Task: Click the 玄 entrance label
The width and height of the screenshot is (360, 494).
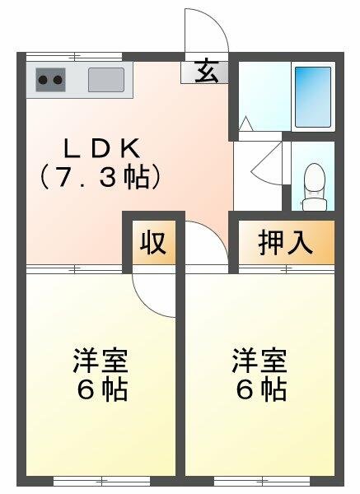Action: pyautogui.click(x=206, y=72)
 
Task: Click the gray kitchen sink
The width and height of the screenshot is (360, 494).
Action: pyautogui.click(x=106, y=80)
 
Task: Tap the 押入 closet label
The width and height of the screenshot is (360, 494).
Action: pyautogui.click(x=285, y=243)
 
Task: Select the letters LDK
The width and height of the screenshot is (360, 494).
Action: pyautogui.click(x=104, y=149)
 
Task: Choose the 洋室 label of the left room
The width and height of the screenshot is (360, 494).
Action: pyautogui.click(x=101, y=361)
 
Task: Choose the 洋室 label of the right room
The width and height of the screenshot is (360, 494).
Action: pyautogui.click(x=259, y=361)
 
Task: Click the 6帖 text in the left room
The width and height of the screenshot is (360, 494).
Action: pyautogui.click(x=102, y=389)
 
